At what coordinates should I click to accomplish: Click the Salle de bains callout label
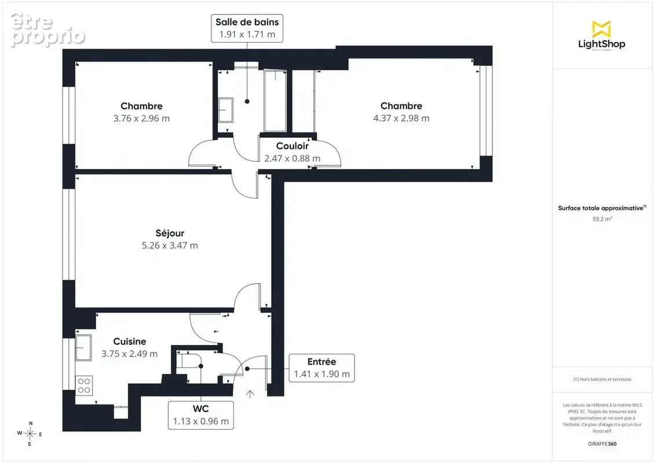click(247, 28)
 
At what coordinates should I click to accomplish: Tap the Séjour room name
click(170, 233)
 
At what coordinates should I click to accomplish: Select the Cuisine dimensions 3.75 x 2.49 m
click(130, 354)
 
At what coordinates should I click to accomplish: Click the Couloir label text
click(292, 146)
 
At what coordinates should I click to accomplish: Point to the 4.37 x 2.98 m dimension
click(401, 118)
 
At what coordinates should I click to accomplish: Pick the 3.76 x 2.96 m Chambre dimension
click(141, 118)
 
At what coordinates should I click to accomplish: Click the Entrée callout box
click(321, 368)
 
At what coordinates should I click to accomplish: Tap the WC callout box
click(200, 415)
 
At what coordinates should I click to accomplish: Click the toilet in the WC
click(189, 361)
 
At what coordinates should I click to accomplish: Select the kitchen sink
click(83, 347)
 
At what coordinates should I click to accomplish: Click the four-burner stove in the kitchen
click(84, 385)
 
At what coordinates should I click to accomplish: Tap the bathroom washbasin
click(226, 110)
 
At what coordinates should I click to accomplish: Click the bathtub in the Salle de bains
click(275, 101)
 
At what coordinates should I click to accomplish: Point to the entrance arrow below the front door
click(250, 394)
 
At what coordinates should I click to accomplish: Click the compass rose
click(30, 434)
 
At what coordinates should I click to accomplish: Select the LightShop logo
click(602, 36)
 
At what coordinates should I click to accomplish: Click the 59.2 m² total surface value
click(602, 219)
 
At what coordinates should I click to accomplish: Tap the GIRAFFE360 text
click(602, 444)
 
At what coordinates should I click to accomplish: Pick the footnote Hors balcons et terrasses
click(602, 379)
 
